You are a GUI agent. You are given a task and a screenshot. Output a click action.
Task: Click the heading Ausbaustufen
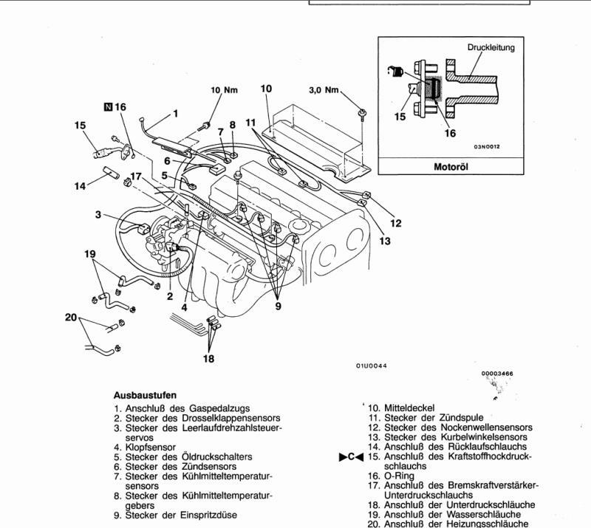145,395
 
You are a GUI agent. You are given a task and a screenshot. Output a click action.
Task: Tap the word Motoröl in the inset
451,167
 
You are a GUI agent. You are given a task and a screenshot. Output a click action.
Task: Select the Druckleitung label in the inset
491,47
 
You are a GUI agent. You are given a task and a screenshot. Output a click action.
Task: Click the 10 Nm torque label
225,90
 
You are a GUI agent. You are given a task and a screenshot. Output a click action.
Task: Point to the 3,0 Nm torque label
324,90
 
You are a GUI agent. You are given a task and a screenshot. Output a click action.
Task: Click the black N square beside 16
108,107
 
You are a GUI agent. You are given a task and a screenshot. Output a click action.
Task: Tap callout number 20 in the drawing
71,318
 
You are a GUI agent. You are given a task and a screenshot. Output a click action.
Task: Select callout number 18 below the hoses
208,358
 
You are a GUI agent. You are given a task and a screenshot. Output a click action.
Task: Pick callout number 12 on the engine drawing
396,223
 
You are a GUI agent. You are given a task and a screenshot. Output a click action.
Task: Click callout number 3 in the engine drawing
98,215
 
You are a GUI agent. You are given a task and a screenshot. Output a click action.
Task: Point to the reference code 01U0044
372,366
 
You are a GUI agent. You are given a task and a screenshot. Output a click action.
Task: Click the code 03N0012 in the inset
487,147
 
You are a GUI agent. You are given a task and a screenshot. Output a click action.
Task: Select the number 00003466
497,374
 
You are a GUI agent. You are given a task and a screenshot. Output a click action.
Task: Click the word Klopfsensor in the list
151,448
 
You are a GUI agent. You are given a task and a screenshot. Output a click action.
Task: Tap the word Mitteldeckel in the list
409,408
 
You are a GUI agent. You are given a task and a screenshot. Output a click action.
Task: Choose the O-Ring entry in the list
399,476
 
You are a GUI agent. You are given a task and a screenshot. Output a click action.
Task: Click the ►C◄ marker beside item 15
352,457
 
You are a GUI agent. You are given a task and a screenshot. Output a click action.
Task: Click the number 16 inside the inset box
450,133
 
